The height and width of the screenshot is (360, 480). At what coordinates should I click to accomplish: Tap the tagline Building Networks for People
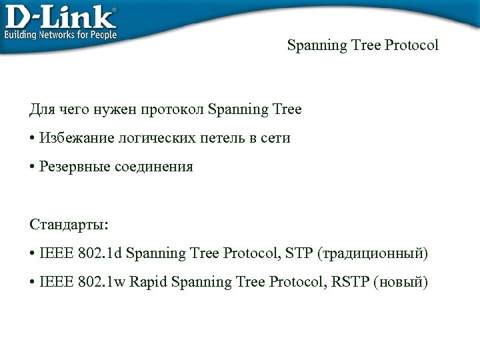(x=61, y=35)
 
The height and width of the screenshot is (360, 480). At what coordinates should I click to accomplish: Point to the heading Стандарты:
(x=69, y=224)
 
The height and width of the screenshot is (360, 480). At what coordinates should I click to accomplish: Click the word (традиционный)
(x=373, y=253)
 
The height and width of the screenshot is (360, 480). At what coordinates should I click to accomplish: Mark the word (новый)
(x=400, y=282)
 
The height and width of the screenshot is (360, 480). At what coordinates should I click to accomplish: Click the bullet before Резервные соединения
(x=32, y=167)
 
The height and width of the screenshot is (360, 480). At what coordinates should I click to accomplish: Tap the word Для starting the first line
(x=41, y=109)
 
